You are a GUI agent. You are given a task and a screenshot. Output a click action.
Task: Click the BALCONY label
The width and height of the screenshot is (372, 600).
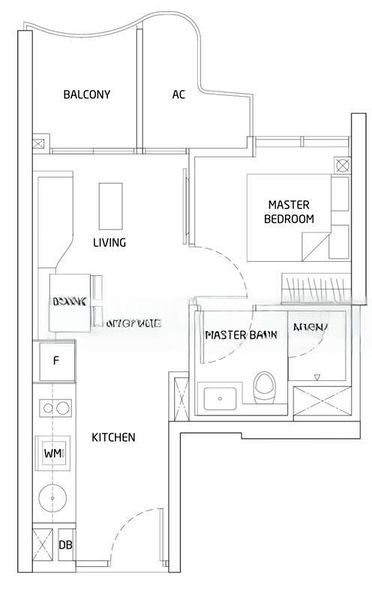click(x=86, y=95)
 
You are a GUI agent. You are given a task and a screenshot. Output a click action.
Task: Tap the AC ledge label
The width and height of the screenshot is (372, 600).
click(x=179, y=95)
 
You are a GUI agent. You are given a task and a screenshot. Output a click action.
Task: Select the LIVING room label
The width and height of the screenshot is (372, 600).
click(x=109, y=243)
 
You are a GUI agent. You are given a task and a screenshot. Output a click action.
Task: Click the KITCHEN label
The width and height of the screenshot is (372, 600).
click(x=114, y=438)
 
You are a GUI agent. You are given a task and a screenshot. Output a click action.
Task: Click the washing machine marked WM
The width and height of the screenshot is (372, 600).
click(x=54, y=454)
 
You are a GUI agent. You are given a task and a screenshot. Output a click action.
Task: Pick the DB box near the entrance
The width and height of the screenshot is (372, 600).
click(x=65, y=545)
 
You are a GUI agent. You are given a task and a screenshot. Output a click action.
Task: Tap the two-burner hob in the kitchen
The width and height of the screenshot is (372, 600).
click(x=55, y=411)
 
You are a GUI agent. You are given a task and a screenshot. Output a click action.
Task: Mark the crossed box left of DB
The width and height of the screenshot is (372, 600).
click(x=43, y=545)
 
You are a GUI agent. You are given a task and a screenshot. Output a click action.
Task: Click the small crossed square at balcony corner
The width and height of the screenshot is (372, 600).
click(x=39, y=143)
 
